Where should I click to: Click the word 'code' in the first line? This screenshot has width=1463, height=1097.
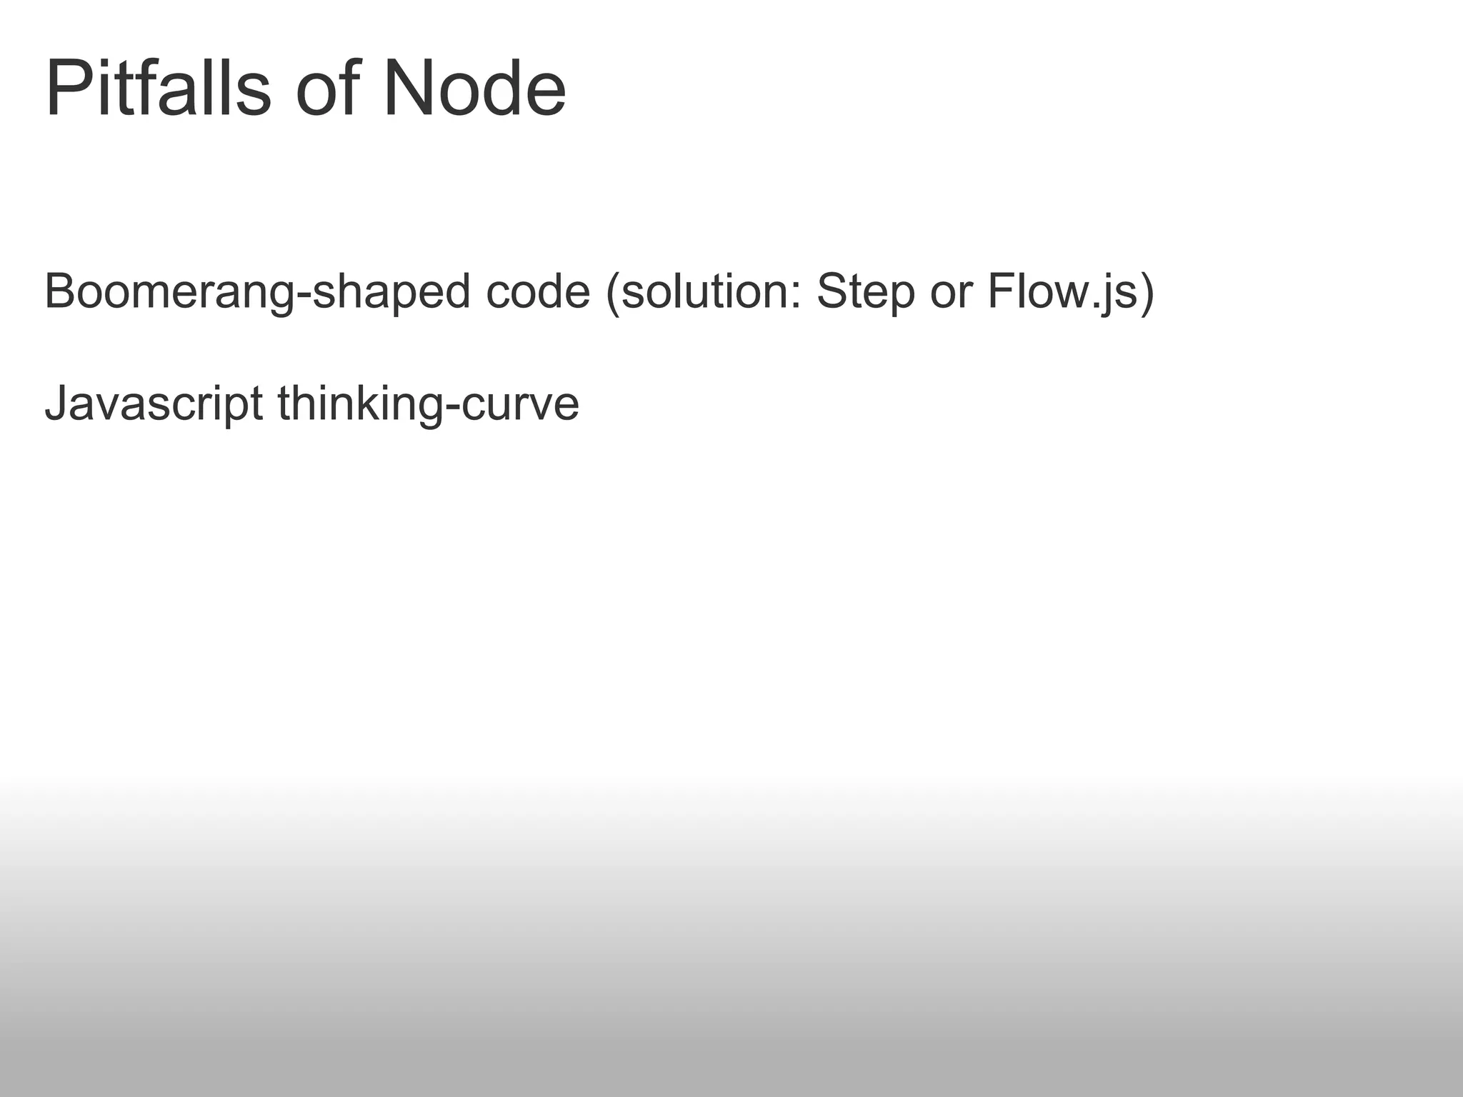click(x=538, y=292)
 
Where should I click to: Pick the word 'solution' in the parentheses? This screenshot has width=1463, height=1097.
click(x=702, y=292)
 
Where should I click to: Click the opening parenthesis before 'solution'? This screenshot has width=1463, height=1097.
click(x=612, y=294)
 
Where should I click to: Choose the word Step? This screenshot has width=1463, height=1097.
click(x=865, y=294)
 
